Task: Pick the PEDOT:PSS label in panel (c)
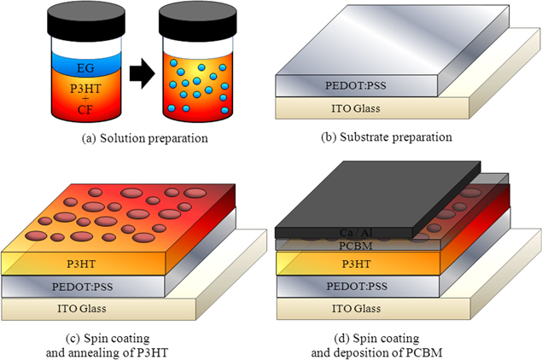pos(81,284)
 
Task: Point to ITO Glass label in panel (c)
pos(81,308)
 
